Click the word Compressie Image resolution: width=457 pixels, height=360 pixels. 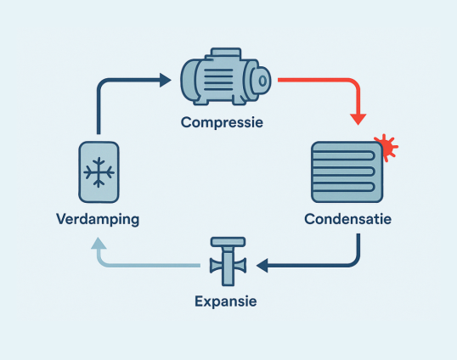(222, 123)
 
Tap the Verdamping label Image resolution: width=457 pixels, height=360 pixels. (98, 220)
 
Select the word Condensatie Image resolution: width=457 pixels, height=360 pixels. (347, 219)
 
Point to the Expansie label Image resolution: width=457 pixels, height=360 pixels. (226, 301)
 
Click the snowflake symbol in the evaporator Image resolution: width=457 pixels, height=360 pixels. (99, 172)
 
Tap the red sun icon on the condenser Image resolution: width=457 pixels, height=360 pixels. (387, 147)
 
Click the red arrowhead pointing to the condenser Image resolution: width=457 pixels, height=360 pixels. (358, 120)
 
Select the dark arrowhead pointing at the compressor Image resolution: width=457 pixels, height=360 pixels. (166, 80)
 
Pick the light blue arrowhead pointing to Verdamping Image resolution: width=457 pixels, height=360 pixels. (99, 244)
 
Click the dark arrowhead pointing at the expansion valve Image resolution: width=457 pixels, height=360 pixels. (262, 266)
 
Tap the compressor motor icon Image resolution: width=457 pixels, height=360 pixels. (226, 76)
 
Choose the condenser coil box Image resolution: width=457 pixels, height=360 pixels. (347, 172)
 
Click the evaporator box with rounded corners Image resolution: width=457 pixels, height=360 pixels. (99, 172)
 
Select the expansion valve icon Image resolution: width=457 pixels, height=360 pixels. (228, 262)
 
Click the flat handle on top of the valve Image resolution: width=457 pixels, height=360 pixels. (228, 242)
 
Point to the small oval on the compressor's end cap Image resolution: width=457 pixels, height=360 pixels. (262, 81)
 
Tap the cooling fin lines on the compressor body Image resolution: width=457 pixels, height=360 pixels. (218, 80)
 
